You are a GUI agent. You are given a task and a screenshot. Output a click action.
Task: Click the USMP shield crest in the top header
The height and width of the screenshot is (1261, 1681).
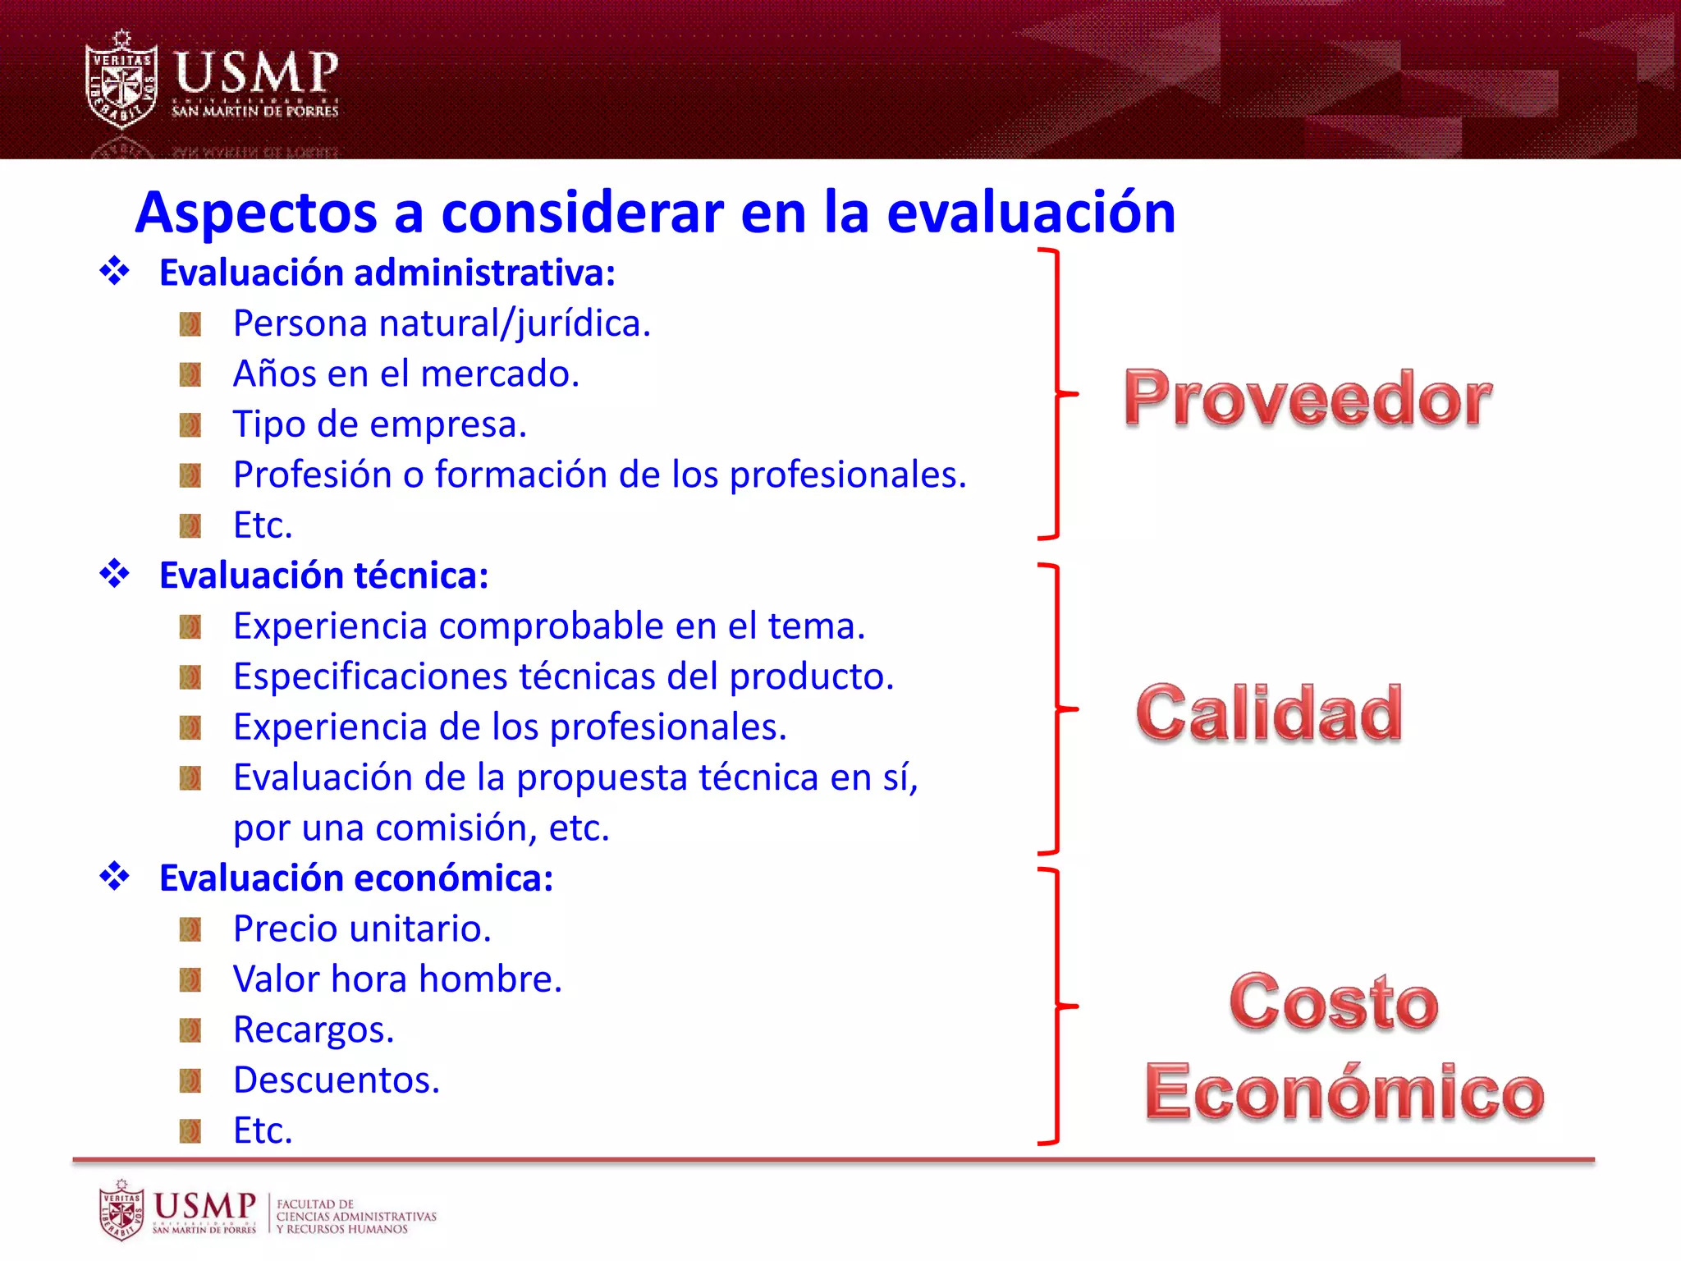(x=121, y=80)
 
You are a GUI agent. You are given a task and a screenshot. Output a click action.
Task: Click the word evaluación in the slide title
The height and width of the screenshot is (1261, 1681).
(x=1031, y=213)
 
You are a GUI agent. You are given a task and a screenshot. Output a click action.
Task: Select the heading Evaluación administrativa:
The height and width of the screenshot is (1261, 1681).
(x=387, y=273)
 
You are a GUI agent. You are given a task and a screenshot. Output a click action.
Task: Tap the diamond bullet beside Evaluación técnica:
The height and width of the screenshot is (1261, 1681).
(x=115, y=574)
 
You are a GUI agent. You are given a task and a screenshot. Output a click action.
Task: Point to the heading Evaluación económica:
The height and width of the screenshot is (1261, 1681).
(x=355, y=878)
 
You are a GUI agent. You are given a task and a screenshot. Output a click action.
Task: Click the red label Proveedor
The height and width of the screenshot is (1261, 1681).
(x=1307, y=399)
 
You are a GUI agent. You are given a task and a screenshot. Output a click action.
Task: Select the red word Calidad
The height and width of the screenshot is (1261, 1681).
(x=1269, y=713)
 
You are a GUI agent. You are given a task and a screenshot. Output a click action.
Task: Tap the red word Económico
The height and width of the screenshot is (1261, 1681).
(x=1344, y=1093)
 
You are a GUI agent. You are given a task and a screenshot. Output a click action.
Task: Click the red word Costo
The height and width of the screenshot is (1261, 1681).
(x=1333, y=1002)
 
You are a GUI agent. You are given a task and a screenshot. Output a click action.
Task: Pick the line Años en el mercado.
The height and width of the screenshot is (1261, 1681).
(x=406, y=374)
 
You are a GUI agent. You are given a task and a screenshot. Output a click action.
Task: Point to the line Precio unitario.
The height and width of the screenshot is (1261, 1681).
(x=362, y=929)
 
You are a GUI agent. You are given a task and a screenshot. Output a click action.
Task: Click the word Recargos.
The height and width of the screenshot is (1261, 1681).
(x=314, y=1030)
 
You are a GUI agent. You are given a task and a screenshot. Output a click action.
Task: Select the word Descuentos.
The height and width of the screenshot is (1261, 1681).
(x=337, y=1080)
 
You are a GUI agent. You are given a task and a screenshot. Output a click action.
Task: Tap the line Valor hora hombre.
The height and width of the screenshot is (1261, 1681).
(x=397, y=979)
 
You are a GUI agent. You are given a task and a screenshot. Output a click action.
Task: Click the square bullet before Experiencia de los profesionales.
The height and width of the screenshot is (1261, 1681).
(x=190, y=727)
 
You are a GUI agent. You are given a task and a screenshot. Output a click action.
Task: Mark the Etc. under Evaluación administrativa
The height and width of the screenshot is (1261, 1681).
(x=263, y=525)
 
